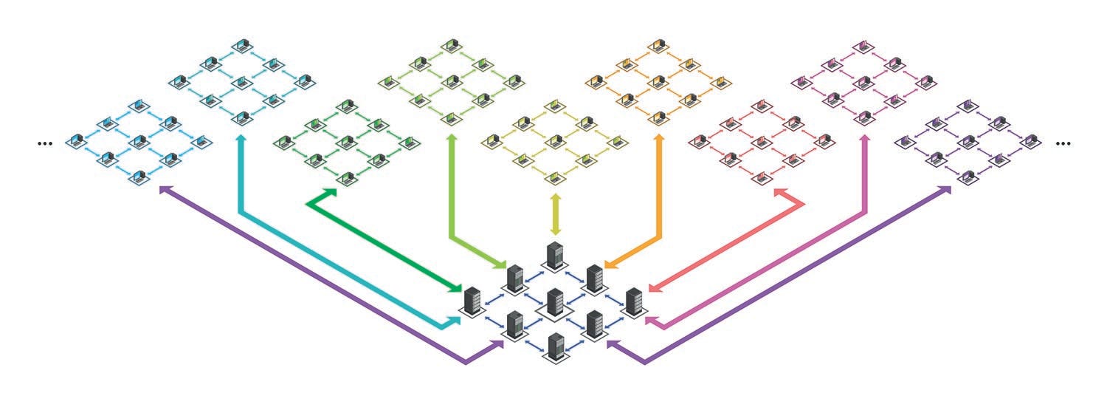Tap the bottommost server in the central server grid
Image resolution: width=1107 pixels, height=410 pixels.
pyautogui.click(x=555, y=348)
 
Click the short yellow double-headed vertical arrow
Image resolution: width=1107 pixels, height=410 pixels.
pyautogui.click(x=555, y=214)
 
